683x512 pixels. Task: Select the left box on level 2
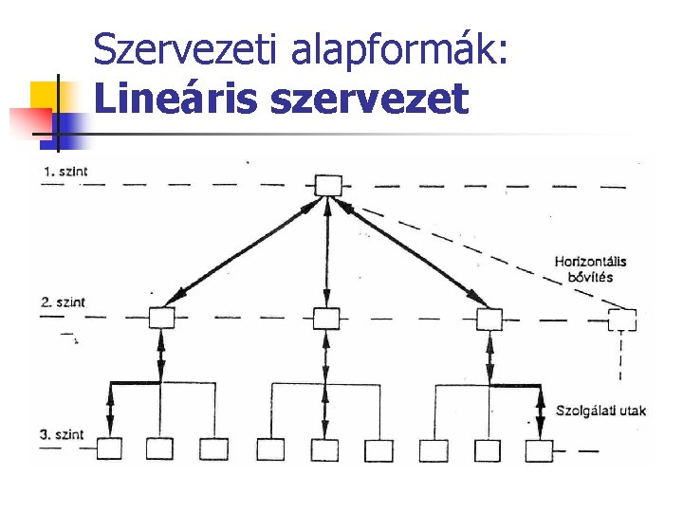(x=162, y=319)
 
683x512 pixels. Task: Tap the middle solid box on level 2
(x=326, y=319)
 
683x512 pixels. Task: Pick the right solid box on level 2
(x=489, y=319)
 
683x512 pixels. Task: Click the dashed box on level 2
(x=623, y=320)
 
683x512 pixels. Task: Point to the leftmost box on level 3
(x=110, y=449)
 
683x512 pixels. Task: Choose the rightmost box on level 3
(x=541, y=449)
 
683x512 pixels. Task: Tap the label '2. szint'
(x=64, y=302)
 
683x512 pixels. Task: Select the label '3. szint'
(x=64, y=435)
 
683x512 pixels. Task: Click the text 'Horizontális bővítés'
(x=590, y=269)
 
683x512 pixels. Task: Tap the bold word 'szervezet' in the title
(x=369, y=99)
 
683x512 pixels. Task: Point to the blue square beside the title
(x=70, y=123)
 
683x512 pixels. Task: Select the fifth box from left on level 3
(x=325, y=449)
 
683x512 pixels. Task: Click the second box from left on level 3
(x=160, y=449)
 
